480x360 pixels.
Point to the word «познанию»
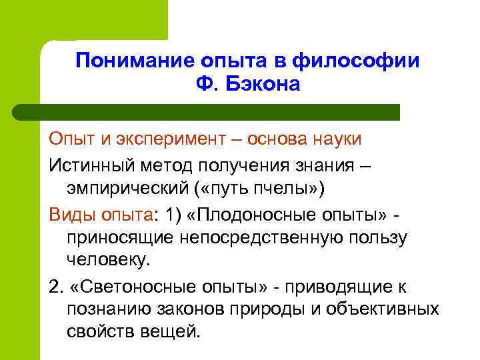point(106,309)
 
